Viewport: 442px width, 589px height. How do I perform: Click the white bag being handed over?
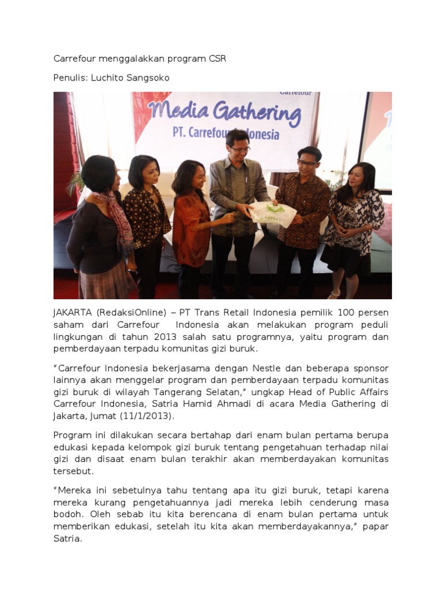pos(273,215)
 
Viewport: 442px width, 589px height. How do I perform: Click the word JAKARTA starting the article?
pos(73,313)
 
